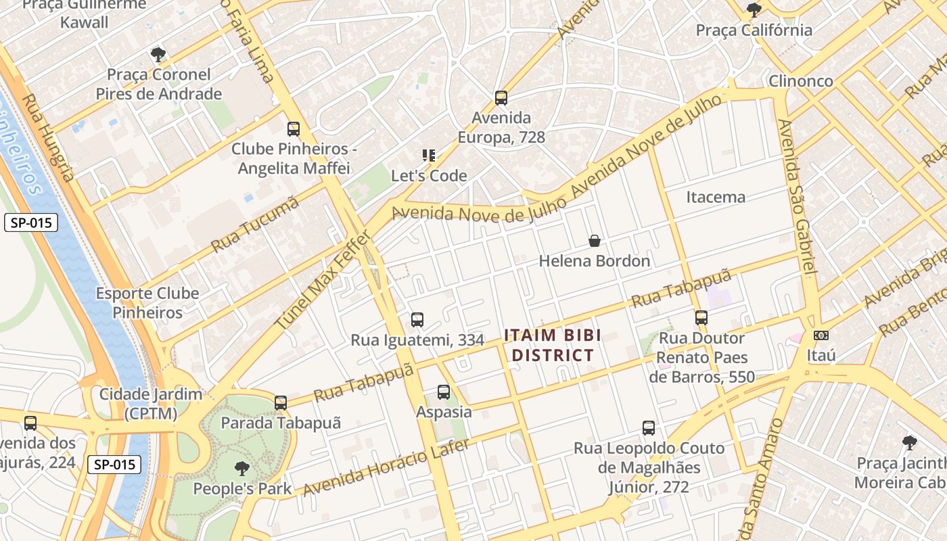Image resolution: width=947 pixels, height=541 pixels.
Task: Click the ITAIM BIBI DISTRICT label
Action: click(x=552, y=345)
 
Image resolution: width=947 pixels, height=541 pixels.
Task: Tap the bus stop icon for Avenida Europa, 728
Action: click(x=501, y=98)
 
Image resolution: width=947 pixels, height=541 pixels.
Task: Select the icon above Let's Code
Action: click(x=428, y=156)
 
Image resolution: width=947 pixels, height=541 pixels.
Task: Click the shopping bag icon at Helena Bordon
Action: click(x=594, y=241)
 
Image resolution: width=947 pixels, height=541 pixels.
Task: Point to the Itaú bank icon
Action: click(x=821, y=335)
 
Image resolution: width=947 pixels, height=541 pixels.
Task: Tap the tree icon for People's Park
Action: click(x=241, y=468)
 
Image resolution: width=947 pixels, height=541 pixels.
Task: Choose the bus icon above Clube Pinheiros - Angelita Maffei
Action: click(x=293, y=129)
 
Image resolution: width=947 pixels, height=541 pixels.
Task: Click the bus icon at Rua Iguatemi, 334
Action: click(x=417, y=320)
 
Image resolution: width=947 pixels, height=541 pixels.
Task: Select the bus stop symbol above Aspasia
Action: click(x=443, y=392)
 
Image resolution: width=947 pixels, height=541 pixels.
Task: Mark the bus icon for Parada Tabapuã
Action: click(x=280, y=403)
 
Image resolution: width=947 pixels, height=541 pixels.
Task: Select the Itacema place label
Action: click(x=716, y=197)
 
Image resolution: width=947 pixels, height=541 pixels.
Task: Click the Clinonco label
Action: click(x=801, y=81)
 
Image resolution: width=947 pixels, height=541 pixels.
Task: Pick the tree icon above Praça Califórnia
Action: click(x=754, y=10)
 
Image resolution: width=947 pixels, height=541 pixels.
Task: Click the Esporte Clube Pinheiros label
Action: click(x=147, y=303)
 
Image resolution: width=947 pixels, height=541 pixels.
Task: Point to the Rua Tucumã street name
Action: click(x=255, y=225)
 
